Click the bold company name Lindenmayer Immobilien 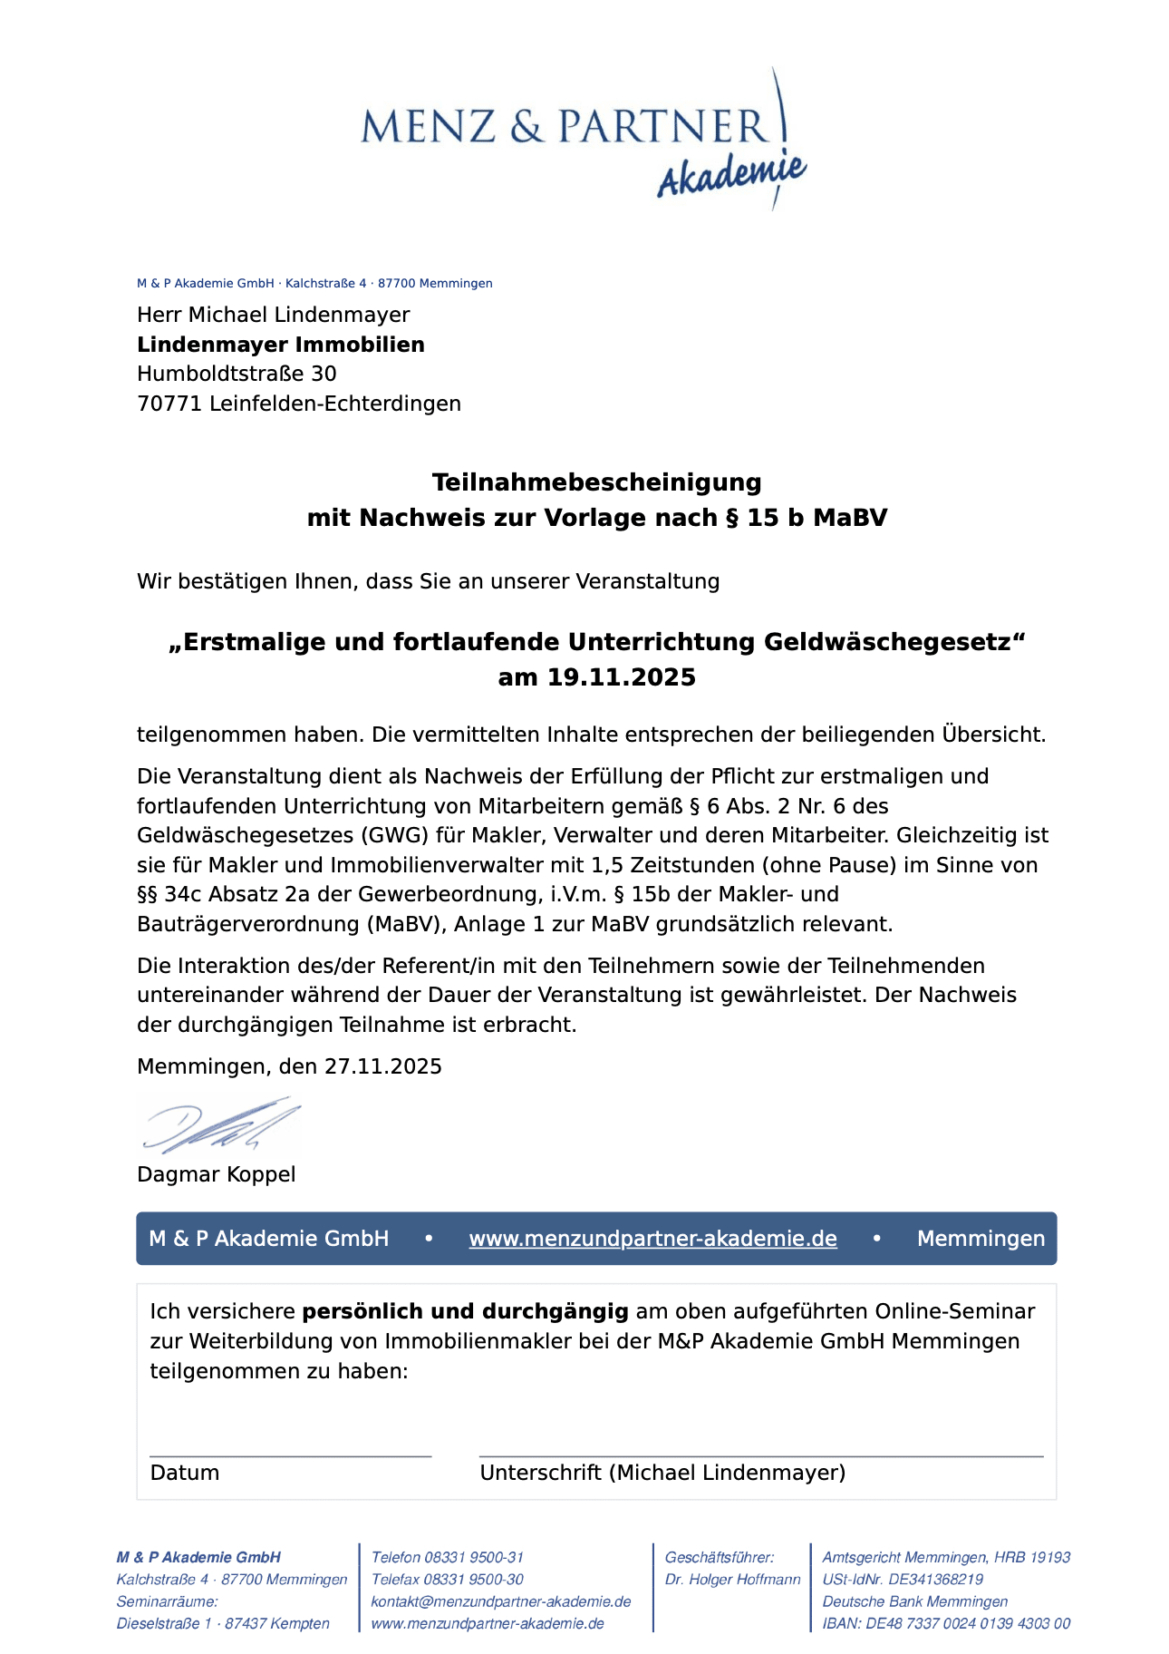click(281, 345)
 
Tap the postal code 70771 click(169, 404)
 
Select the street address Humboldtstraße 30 click(237, 374)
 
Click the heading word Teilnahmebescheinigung click(596, 482)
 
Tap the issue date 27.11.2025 click(383, 1066)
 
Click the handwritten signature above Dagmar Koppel click(220, 1125)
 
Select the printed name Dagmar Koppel click(217, 1174)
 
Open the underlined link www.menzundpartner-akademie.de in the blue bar click(652, 1239)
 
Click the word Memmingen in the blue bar click(981, 1239)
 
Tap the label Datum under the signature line click(185, 1473)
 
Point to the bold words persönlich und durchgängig click(465, 1311)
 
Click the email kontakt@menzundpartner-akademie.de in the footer click(501, 1601)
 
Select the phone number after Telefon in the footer click(474, 1557)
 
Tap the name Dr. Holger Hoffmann click(732, 1580)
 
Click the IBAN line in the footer click(946, 1623)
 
